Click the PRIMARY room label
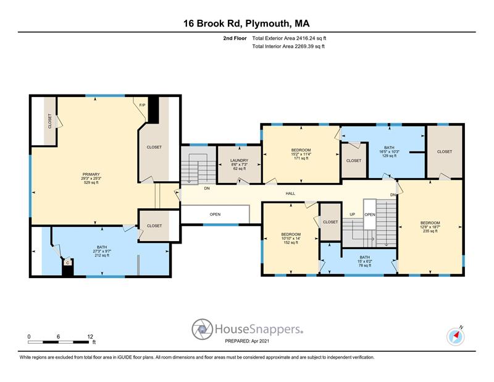(x=91, y=178)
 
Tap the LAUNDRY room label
(x=239, y=164)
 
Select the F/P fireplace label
(x=143, y=105)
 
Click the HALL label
(x=290, y=193)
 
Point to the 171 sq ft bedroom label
(x=301, y=154)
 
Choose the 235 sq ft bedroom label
(x=430, y=227)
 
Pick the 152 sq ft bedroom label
(x=291, y=239)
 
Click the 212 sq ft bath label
(x=102, y=251)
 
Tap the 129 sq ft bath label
(x=389, y=151)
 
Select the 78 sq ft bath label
(x=365, y=261)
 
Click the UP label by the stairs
(x=352, y=214)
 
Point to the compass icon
(x=456, y=336)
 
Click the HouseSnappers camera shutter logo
(x=203, y=329)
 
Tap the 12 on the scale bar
(x=90, y=337)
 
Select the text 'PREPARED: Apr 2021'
(x=247, y=341)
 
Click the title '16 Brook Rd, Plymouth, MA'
(x=246, y=23)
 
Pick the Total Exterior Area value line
(x=289, y=38)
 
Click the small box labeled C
(x=67, y=262)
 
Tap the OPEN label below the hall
(x=215, y=214)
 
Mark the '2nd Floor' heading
(x=235, y=38)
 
